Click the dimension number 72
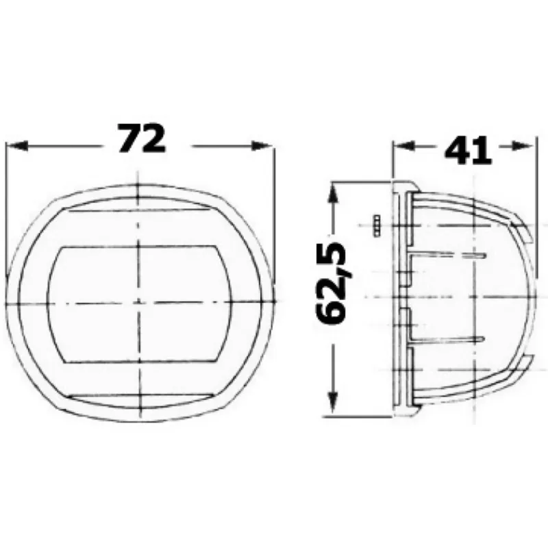pos(141,139)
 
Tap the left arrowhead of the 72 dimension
pos(16,146)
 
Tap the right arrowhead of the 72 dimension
pos(262,146)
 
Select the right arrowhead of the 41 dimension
pos(523,145)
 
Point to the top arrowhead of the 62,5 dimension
pos(334,195)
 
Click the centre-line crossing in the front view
pos(139,303)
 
